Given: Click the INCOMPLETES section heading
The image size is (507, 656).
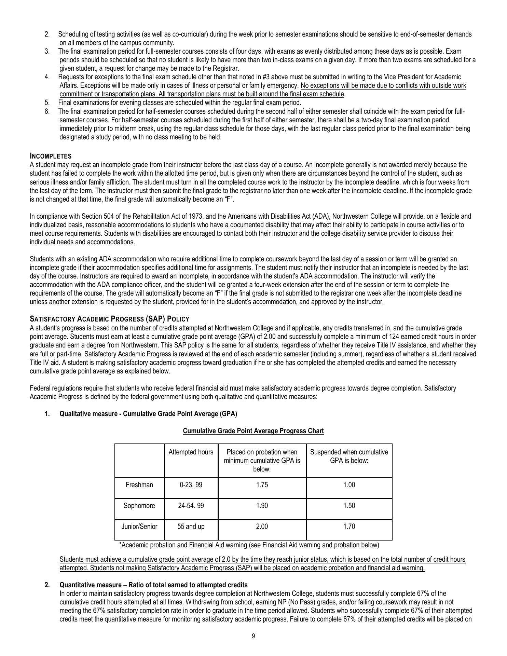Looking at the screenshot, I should click(x=51, y=156).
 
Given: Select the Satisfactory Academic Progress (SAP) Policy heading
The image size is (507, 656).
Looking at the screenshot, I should click(x=109, y=319).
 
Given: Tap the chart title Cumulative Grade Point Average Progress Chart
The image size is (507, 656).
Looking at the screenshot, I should click(x=253, y=431).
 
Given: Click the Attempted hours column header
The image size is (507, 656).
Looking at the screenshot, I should click(x=191, y=452).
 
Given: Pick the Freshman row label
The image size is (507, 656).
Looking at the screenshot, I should click(x=139, y=485).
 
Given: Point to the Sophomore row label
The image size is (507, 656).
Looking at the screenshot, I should click(x=139, y=506).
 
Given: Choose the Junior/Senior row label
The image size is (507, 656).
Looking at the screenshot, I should click(x=139, y=527).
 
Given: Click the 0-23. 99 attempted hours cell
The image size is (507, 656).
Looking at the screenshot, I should click(x=191, y=485).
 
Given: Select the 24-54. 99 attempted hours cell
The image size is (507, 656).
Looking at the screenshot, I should click(x=191, y=506).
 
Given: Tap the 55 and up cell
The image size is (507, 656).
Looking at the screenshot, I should click(x=191, y=527).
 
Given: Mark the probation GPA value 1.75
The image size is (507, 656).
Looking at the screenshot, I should click(x=262, y=485).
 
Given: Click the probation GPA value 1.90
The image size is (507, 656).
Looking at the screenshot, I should click(x=262, y=506).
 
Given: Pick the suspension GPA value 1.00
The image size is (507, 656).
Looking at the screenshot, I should click(x=349, y=485).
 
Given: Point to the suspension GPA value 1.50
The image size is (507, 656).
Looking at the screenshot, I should click(x=349, y=506).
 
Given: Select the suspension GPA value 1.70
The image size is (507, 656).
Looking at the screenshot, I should click(x=349, y=527).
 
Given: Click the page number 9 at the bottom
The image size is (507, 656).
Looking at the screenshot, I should click(x=253, y=636).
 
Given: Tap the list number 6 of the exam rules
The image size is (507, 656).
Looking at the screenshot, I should click(x=47, y=111).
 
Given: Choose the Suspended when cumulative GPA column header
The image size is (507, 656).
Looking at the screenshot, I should click(x=349, y=456).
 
